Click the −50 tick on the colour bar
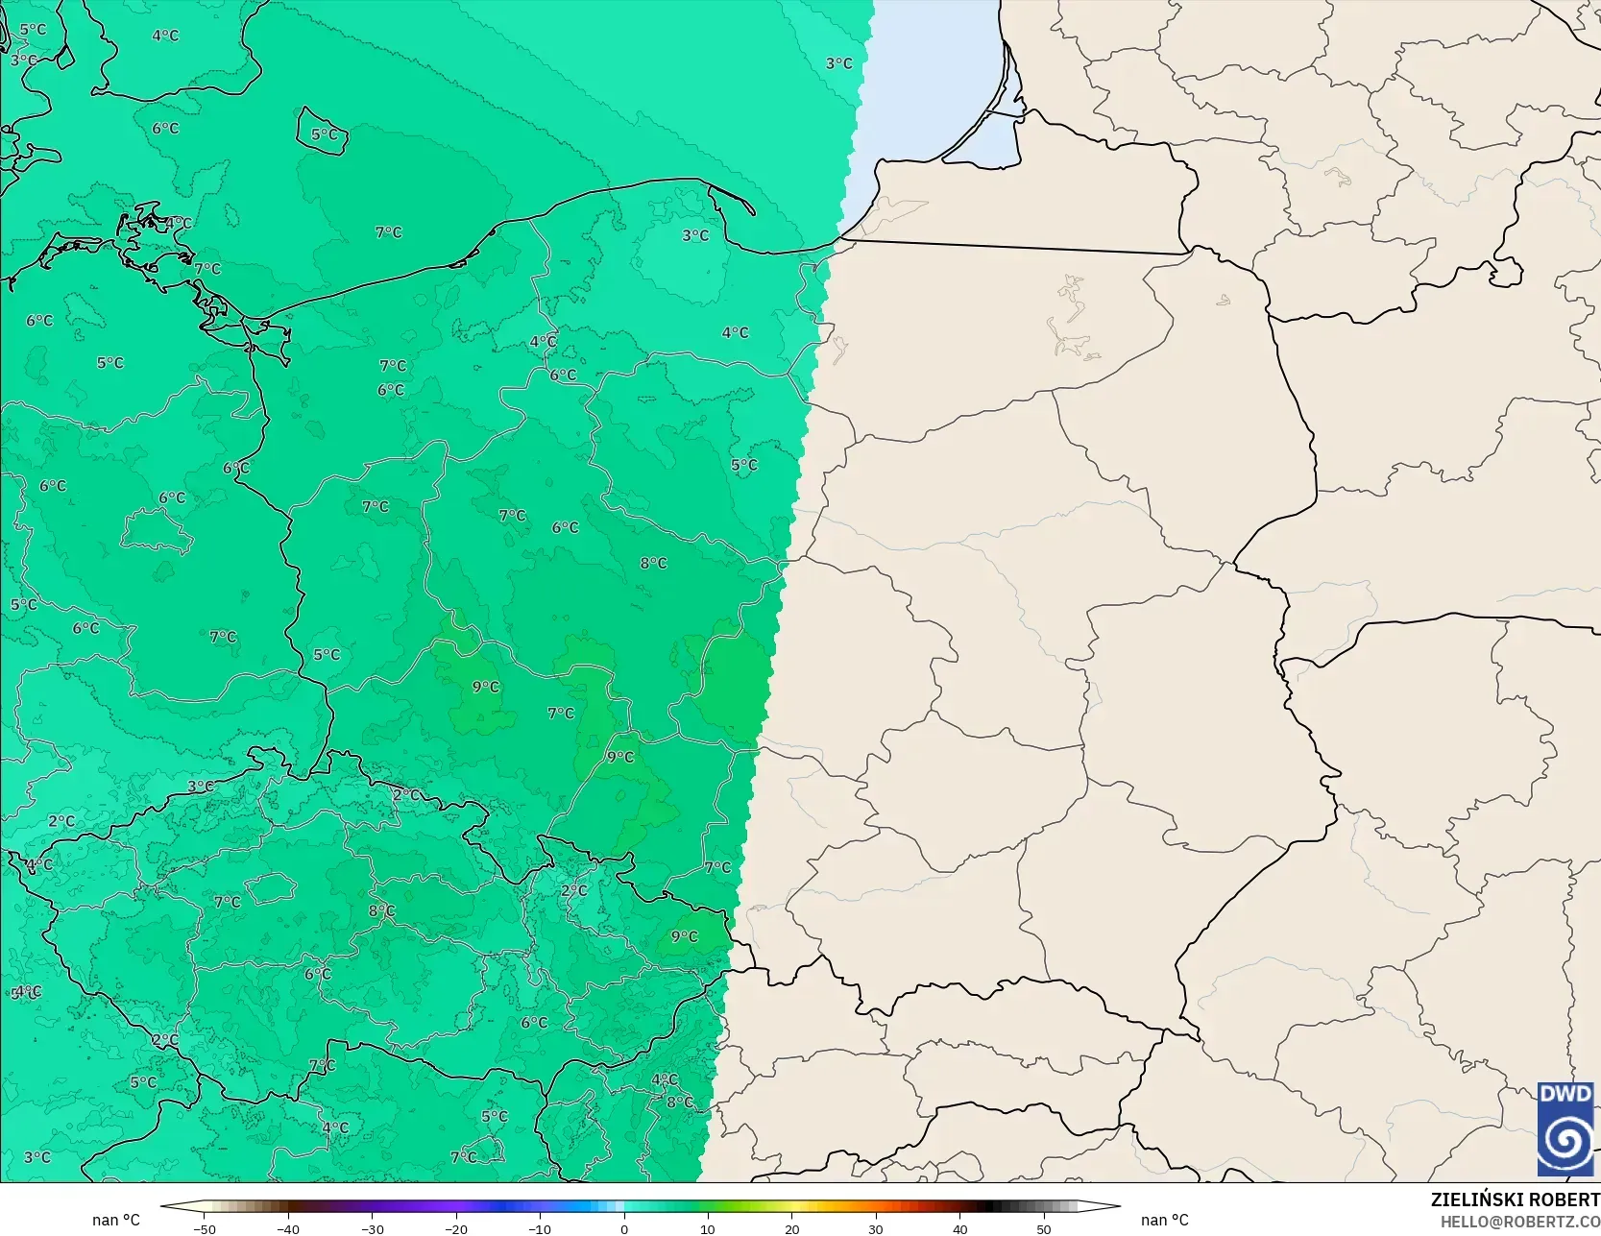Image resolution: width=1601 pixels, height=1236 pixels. (x=204, y=1228)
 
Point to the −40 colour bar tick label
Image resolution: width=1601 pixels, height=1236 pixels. (x=287, y=1228)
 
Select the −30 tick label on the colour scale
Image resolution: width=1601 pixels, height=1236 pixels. (x=372, y=1228)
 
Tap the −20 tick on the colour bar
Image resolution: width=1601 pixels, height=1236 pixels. (x=455, y=1228)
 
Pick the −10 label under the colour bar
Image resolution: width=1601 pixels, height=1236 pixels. (x=540, y=1228)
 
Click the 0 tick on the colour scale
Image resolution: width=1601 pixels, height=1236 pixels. (x=624, y=1228)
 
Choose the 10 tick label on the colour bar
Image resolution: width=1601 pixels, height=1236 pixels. (x=708, y=1228)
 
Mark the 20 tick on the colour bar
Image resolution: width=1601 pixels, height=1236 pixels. (x=791, y=1228)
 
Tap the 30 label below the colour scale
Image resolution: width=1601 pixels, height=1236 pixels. (x=876, y=1228)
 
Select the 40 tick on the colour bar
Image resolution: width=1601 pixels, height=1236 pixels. (x=959, y=1228)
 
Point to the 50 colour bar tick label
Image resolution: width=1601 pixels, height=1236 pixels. (x=1044, y=1228)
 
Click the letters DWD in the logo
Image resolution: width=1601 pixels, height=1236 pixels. (x=1565, y=1094)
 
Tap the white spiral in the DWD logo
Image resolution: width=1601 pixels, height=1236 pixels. (x=1565, y=1140)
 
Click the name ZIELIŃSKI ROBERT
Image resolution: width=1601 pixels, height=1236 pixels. (x=1515, y=1200)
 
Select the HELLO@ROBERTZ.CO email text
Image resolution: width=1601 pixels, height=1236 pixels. (x=1519, y=1221)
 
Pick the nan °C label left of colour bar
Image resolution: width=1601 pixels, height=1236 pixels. (x=116, y=1220)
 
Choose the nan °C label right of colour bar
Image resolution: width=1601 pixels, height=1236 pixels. (x=1164, y=1220)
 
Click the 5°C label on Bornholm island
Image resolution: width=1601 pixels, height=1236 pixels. (x=325, y=134)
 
